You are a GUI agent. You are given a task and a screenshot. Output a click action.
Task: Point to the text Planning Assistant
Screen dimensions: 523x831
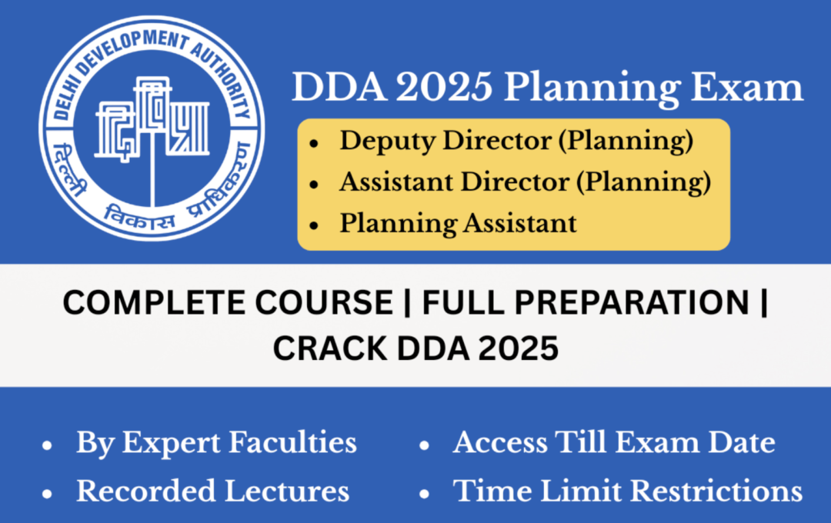coord(458,223)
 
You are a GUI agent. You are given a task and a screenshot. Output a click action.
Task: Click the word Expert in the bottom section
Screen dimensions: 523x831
coord(179,443)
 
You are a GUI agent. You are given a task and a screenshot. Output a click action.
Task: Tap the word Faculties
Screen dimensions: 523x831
coord(299,443)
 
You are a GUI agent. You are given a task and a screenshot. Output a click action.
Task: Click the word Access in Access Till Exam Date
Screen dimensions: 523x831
coord(498,443)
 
